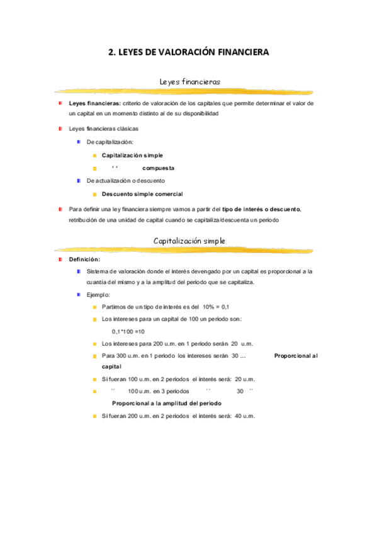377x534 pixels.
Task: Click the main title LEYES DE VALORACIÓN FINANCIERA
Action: (x=188, y=53)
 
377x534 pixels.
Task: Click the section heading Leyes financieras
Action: (x=189, y=81)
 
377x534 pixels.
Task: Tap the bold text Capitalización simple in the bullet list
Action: (x=132, y=154)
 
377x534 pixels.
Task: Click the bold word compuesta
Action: (x=158, y=168)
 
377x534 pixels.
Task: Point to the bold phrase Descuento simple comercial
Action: (x=142, y=194)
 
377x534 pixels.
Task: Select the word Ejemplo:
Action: (x=99, y=294)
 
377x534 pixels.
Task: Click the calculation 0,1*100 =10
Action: (x=128, y=331)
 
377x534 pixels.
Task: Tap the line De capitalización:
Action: (x=110, y=142)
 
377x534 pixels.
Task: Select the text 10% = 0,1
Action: (x=215, y=307)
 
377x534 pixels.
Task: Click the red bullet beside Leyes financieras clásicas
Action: (x=60, y=128)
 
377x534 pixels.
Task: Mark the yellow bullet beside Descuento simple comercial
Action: (x=94, y=194)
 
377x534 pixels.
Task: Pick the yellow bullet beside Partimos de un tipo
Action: (x=94, y=307)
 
